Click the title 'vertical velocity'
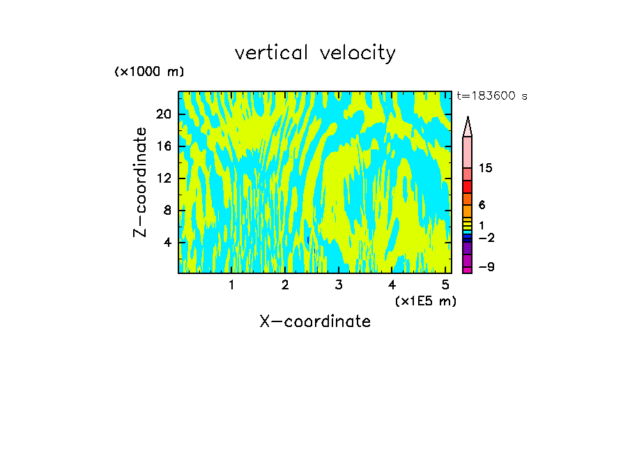tap(315, 53)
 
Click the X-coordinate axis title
tap(315, 321)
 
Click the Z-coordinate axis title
tap(141, 182)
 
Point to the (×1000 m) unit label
tap(149, 72)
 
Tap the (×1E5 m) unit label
tap(426, 301)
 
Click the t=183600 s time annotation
tap(491, 96)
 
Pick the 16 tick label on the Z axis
tap(163, 146)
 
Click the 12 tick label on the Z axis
tap(163, 178)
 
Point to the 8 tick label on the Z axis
tap(167, 210)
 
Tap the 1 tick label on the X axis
tap(231, 285)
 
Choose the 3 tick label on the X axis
tap(339, 285)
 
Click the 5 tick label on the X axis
tap(445, 285)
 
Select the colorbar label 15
tap(486, 168)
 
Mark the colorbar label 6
tap(482, 205)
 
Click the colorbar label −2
tap(486, 238)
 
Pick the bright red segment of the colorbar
tap(467, 186)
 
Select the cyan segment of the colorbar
tap(467, 232)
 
